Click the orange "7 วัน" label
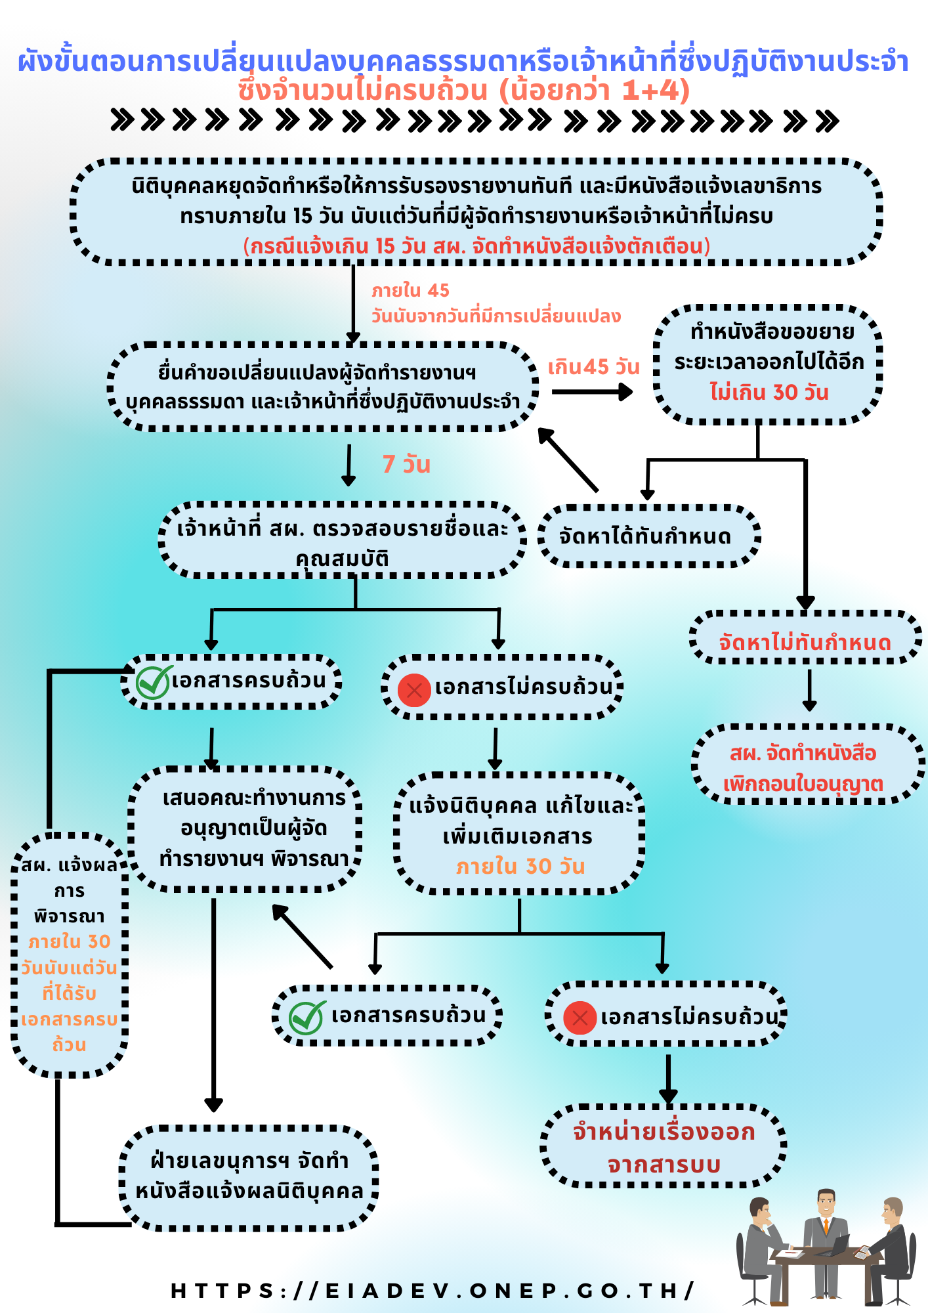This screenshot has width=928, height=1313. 406,464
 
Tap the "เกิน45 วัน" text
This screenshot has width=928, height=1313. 593,367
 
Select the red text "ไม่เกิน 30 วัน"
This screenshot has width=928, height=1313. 769,393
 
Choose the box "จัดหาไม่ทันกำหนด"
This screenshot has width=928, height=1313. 805,641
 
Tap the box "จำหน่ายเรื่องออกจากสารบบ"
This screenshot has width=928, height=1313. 664,1148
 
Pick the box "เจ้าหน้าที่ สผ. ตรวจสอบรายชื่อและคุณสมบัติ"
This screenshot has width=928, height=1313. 343,542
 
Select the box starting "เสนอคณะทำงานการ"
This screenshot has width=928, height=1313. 253,829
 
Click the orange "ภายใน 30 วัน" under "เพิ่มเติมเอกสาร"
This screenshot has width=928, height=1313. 520,867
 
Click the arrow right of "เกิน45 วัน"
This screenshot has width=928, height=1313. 592,393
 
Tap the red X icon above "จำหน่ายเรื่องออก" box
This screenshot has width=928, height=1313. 580,1018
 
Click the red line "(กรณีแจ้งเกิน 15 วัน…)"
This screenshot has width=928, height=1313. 476,247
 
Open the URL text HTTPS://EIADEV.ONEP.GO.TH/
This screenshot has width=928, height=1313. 432,1291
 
